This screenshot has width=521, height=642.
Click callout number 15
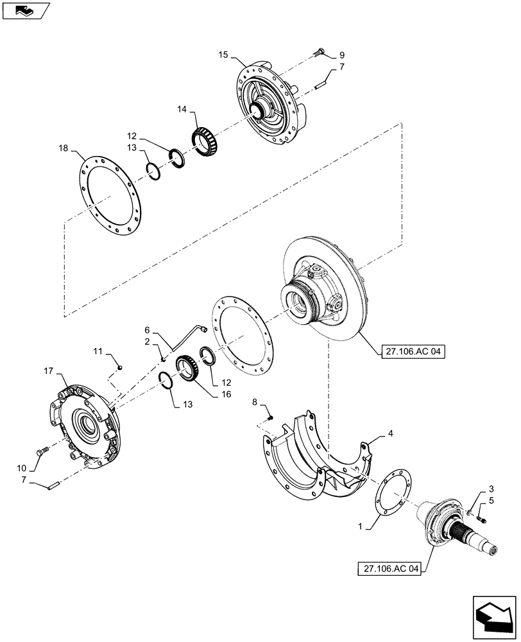[223, 56]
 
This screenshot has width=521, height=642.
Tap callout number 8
[255, 403]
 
